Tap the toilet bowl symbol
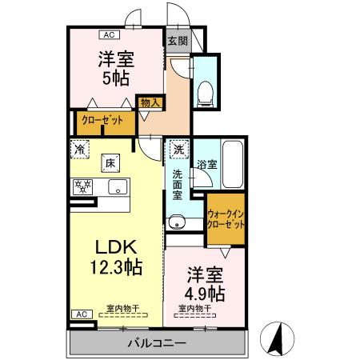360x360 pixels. (205, 91)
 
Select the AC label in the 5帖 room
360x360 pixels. (110, 34)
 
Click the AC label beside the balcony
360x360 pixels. (81, 314)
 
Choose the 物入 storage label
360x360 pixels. (150, 102)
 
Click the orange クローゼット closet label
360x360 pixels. (102, 121)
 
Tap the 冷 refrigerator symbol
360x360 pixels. (81, 149)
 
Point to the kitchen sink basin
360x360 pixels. (117, 189)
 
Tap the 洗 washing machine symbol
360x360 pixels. (178, 149)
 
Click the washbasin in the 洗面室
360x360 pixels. (176, 222)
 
